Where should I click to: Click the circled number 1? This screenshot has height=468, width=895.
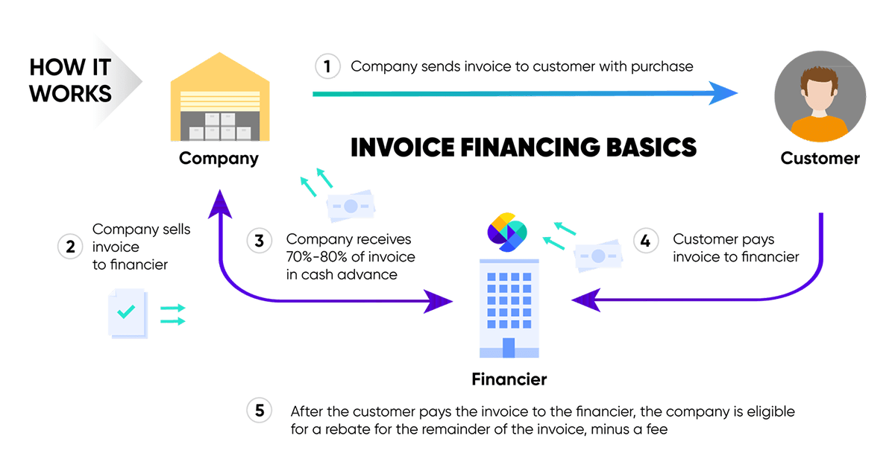coord(327,66)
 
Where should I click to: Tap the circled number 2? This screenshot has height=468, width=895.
coord(70,247)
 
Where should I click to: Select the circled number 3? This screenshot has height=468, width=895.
coord(259,241)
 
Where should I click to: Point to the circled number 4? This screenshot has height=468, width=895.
coord(646,241)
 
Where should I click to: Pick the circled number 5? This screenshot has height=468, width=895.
coord(259,411)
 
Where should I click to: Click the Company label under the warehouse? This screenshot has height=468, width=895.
coord(219,158)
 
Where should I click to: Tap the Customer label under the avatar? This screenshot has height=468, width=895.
coord(820,158)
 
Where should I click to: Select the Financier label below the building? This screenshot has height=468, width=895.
coord(509,379)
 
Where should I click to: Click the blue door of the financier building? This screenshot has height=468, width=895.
coord(509,347)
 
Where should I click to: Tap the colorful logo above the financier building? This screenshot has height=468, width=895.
coord(507,231)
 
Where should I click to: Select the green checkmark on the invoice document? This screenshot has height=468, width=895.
coord(126,312)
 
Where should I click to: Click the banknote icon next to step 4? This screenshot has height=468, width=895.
coord(597,256)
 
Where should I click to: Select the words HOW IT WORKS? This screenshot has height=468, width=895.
coord(70,80)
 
